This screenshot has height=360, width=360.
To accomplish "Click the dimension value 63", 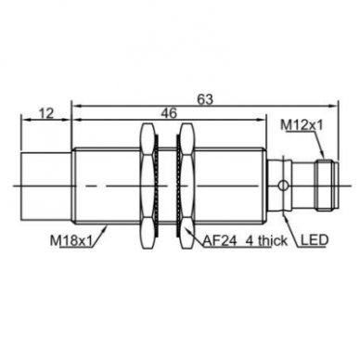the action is pos(205,99).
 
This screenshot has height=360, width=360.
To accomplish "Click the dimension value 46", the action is pos(169,113).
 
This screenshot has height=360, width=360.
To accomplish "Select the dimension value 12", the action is pos(46,113).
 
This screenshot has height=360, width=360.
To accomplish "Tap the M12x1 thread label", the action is pos(302,125).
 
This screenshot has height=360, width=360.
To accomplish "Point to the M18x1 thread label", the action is pos(71,241).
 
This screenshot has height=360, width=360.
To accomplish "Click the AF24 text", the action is pos(220,240).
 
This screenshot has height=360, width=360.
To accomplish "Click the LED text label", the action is pos(314,239).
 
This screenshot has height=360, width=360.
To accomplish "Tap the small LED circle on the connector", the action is pos(282,186).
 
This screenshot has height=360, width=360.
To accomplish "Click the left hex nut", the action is pos(147,186).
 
